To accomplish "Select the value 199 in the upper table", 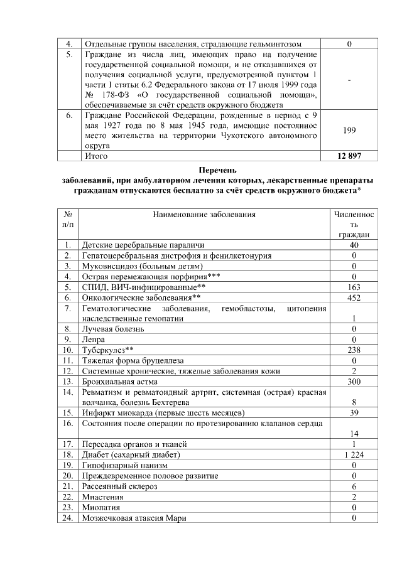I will point(349,131).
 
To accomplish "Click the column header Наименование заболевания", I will point(204,215).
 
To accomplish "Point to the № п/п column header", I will point(67,219).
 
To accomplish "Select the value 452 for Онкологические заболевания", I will point(354,296).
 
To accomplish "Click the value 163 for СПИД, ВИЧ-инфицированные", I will point(354,286).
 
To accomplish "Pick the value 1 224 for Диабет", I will point(354,454).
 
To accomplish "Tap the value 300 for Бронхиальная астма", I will point(354,381).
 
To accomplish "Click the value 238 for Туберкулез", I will point(354,350).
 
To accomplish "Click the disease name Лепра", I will point(94,339).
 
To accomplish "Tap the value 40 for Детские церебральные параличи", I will point(354,244).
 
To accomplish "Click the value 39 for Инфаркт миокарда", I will point(354,412).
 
